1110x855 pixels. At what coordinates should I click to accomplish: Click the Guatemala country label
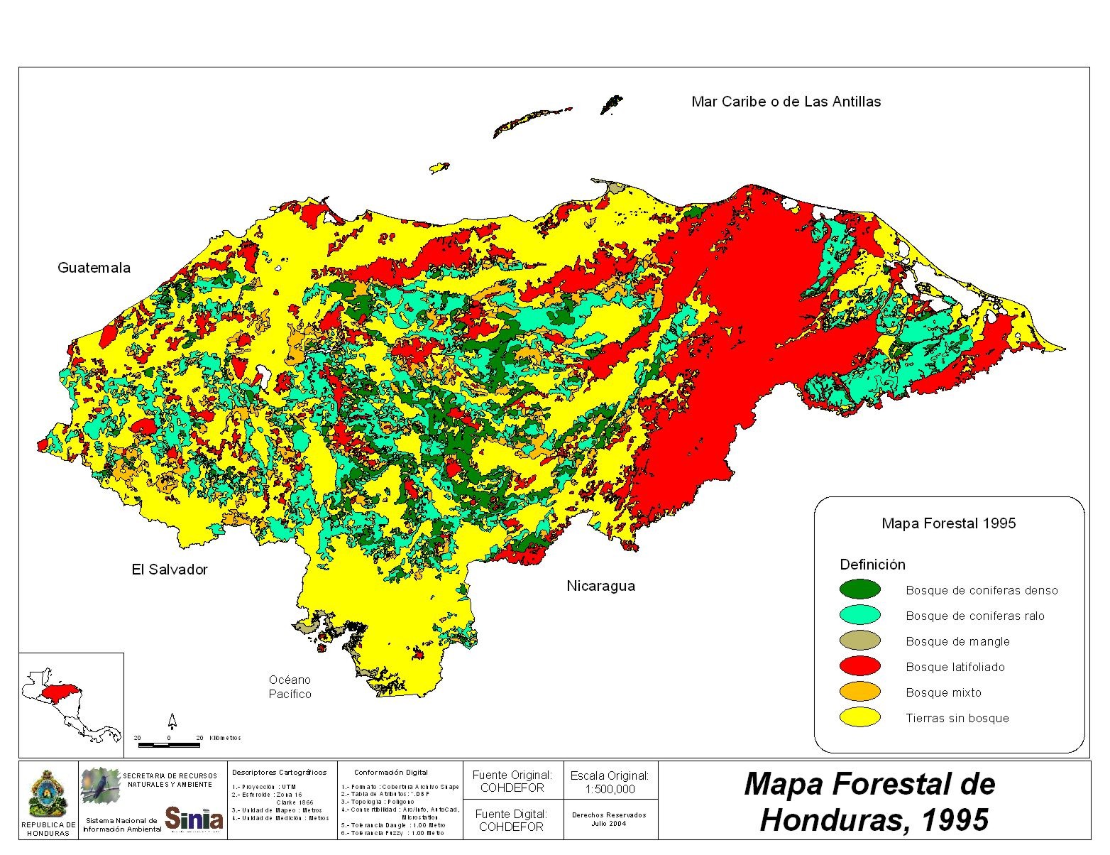94,268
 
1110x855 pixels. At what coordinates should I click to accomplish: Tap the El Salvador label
170,570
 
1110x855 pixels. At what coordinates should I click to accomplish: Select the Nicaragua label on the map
600,586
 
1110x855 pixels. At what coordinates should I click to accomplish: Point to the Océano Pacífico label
290,687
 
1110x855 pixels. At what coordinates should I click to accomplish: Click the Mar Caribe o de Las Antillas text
786,102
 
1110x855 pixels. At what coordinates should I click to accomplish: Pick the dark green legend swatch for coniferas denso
859,589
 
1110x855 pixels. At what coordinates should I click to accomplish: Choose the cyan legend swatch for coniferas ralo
859,615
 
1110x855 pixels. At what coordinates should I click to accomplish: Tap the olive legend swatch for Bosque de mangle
859,641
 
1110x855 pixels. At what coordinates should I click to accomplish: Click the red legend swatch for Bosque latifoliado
859,666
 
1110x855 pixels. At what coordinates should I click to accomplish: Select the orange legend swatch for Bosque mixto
859,692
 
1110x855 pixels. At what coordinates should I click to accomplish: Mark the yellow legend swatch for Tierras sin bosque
859,717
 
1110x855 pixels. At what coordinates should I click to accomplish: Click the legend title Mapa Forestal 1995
948,523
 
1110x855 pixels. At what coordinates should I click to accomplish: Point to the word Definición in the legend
872,565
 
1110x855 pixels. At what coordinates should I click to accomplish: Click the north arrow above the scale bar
172,721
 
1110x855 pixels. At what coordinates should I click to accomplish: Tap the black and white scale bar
169,745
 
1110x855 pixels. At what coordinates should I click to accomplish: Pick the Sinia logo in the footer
194,818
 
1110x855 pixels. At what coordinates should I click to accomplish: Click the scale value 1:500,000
609,789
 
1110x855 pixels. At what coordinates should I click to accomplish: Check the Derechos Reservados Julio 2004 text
609,819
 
